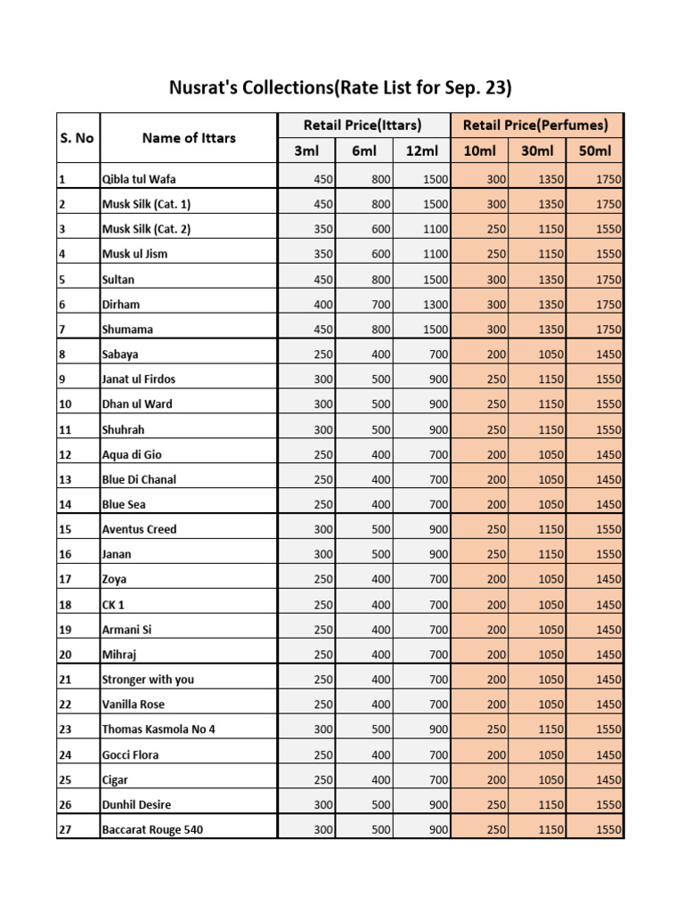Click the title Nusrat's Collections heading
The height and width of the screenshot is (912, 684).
(x=341, y=88)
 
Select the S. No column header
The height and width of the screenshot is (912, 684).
(x=77, y=138)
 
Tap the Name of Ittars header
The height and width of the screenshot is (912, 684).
(x=189, y=138)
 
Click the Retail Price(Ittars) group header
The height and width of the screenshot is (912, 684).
(x=362, y=126)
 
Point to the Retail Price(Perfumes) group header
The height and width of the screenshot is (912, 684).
(x=536, y=126)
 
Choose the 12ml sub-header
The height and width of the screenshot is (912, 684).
(x=421, y=151)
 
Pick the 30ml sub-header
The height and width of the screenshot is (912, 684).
(x=537, y=151)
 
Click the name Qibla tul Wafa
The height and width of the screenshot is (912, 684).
(x=138, y=179)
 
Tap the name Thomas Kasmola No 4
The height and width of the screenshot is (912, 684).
(x=159, y=729)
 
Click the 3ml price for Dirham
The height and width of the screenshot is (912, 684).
(x=323, y=305)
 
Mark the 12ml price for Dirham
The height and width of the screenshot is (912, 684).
(x=435, y=305)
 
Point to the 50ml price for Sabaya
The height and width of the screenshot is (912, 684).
(x=608, y=354)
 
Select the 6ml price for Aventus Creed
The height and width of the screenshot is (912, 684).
(x=380, y=530)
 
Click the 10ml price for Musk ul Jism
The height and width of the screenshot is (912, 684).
(x=496, y=255)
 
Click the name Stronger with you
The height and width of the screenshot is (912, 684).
(x=148, y=680)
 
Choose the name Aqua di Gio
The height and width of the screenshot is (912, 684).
(x=132, y=455)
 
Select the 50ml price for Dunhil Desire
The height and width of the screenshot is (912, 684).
(x=608, y=805)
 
